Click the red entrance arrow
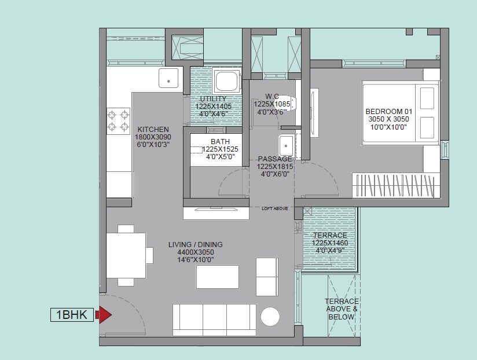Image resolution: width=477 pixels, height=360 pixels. coord(103,315)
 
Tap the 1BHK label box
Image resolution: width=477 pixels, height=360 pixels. coord(72,315)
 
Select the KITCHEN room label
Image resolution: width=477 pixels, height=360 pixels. coord(153,129)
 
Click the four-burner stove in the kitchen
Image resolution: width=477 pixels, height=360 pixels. coord(118,120)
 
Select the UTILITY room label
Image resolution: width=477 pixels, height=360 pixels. coord(213,99)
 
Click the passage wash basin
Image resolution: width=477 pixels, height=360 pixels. coord(285,144)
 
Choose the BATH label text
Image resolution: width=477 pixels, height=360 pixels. coord(220,141)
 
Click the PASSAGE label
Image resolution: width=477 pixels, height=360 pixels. coord(275,159)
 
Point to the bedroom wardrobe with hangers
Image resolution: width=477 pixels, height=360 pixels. coord(394,185)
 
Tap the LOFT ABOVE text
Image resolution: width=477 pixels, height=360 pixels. coord(274,208)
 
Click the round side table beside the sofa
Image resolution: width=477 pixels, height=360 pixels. coord(270,317)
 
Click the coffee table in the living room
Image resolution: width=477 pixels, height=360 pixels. coord(218,277)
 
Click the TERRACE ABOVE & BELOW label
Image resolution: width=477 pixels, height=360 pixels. coord(342,309)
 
